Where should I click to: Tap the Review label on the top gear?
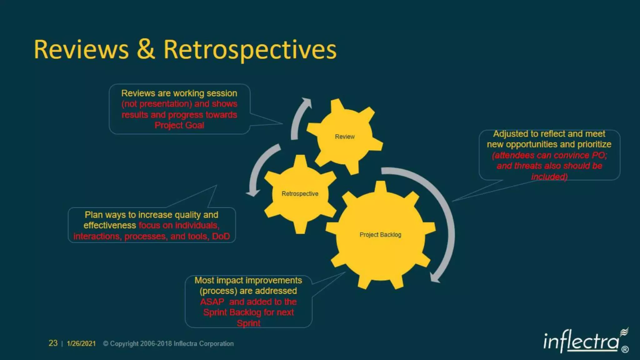pos(345,137)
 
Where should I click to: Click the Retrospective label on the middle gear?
pos(300,194)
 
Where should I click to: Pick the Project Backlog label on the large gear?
pos(380,235)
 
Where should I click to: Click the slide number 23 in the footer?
pos(53,343)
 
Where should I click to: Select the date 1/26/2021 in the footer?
pos(81,343)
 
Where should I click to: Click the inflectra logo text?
pos(581,341)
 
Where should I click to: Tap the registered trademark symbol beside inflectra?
pos(625,349)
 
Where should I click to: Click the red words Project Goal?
pos(179,125)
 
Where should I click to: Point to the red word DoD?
pos(221,236)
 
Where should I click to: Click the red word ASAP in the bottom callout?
pos(212,302)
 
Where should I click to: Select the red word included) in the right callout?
pos(549,177)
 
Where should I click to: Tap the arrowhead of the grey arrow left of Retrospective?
pos(252,193)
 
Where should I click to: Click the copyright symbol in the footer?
pos(106,343)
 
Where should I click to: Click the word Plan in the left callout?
pos(93,215)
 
